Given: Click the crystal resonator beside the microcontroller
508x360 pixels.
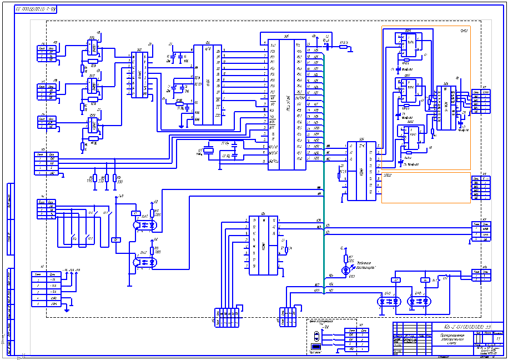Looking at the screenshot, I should [209, 149].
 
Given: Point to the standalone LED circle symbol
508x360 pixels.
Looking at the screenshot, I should [345, 270].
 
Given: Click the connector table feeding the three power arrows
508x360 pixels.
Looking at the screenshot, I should [46, 289].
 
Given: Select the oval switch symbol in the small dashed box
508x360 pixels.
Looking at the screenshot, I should [316, 336].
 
